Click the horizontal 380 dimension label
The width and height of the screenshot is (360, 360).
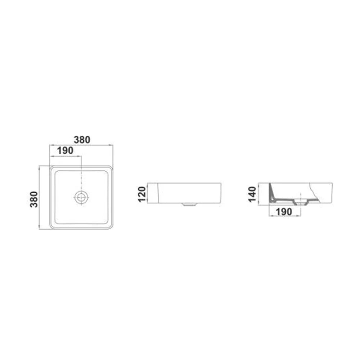tap(82, 140)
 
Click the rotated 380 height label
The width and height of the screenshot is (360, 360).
tap(34, 199)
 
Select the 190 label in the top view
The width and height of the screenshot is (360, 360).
tap(65, 150)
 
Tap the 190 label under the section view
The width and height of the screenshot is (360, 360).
tap(284, 212)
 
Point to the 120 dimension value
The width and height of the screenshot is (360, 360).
tap(142, 194)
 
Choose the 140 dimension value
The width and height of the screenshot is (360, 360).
tap(252, 194)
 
